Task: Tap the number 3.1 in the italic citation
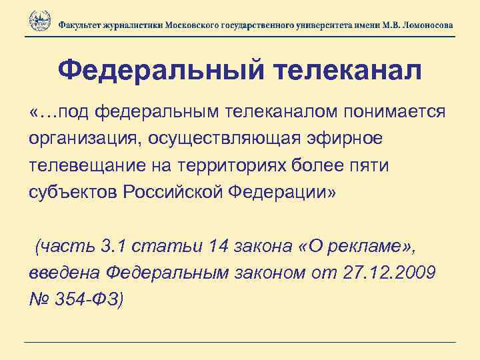click(x=109, y=247)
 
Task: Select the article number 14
click(x=218, y=247)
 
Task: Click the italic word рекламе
click(x=371, y=248)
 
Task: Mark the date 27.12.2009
click(x=380, y=274)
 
